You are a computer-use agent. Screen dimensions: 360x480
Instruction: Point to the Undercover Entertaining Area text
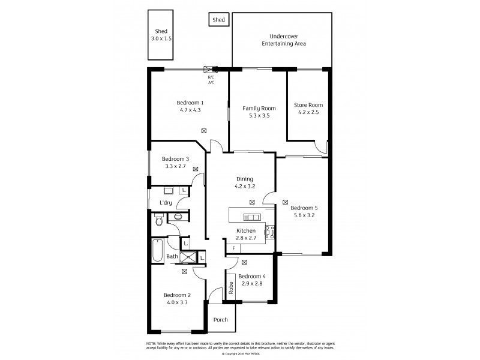point(282,40)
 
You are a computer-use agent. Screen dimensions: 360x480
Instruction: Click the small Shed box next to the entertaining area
point(218,20)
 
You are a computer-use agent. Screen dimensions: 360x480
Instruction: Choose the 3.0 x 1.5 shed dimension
point(161,38)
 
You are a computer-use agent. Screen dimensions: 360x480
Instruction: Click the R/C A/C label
point(211,79)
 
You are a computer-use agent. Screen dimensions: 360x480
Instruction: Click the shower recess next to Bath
point(188,257)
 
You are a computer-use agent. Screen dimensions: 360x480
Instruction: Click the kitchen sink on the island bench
point(251,217)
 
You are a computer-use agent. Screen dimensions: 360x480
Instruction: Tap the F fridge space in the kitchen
point(233,248)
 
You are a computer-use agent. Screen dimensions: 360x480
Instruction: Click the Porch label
point(220,320)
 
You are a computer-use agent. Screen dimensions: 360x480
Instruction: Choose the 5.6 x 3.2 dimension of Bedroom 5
point(304,215)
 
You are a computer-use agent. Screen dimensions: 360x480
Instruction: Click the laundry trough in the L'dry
point(169,191)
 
